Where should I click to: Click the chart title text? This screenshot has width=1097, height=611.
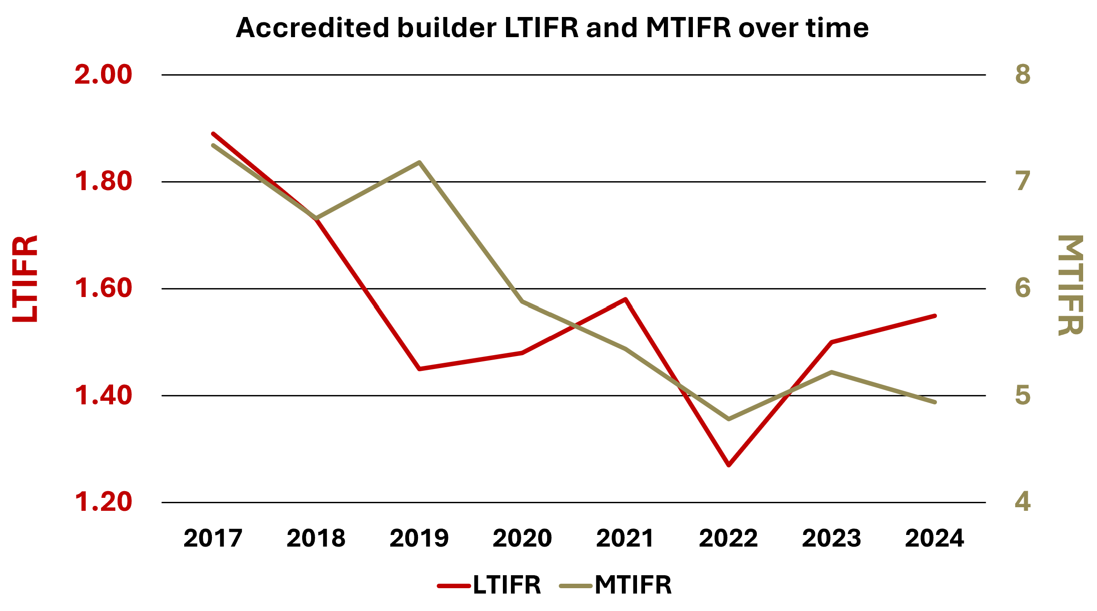point(552,28)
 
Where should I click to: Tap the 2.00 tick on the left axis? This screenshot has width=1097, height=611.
point(103,75)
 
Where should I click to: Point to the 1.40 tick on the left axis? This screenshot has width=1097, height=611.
point(103,395)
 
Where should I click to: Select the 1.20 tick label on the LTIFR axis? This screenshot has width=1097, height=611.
point(103,502)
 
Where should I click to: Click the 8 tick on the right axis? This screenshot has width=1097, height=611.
point(1023,75)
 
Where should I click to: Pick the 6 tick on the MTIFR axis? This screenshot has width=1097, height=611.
point(1023,288)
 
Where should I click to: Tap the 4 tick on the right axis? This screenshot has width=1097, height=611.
point(1023,502)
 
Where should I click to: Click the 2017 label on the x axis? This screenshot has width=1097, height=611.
point(213,538)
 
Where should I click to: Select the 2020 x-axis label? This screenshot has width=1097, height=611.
point(522,538)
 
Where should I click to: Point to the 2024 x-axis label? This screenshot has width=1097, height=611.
point(934,538)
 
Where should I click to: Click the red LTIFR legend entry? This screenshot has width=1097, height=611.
point(489,585)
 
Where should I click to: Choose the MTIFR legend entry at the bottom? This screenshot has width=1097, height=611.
point(616,585)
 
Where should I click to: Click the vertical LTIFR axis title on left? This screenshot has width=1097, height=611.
point(25,278)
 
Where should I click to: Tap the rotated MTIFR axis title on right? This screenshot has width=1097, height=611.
point(1070,285)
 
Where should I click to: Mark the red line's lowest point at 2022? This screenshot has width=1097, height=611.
point(729,465)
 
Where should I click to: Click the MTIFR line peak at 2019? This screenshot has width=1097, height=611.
point(419,162)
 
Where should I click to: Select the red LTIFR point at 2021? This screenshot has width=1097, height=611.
point(625,299)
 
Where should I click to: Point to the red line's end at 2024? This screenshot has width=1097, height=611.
point(935,316)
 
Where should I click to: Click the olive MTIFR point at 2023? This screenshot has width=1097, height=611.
point(831,372)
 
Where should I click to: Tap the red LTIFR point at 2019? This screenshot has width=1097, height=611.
point(419,369)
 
